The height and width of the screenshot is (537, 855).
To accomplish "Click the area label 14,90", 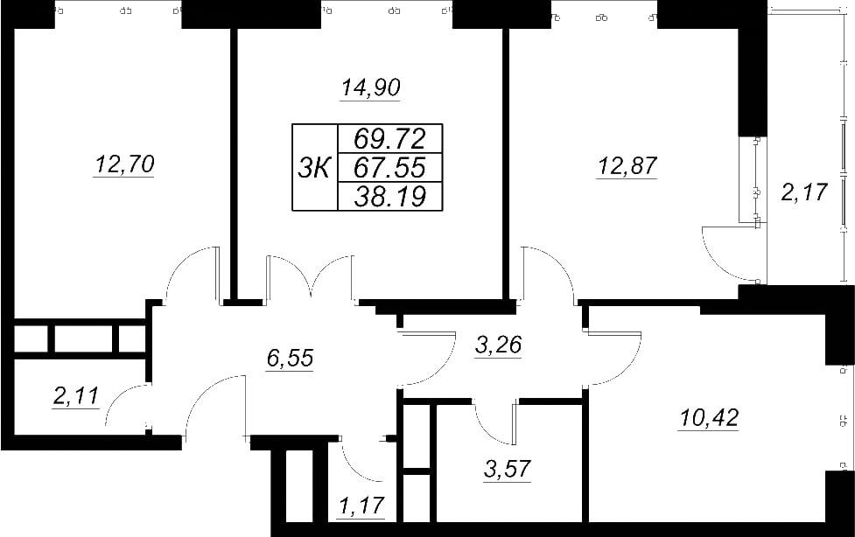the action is coord(371,87).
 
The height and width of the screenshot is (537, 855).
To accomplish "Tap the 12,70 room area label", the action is coord(124,164).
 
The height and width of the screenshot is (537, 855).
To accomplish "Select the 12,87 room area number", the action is coord(627,165).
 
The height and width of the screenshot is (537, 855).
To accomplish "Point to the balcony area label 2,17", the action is coord(804,192).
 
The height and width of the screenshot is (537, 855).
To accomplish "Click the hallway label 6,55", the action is coord(290,359).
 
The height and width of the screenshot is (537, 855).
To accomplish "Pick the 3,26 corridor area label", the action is coord(499,345).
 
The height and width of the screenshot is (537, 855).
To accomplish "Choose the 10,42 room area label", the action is coord(708,418).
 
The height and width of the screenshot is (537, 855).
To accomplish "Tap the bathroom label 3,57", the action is coord(507,468).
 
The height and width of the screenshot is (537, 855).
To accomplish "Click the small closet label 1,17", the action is coord(361,506).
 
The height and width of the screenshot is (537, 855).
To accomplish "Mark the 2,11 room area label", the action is coord(76,396).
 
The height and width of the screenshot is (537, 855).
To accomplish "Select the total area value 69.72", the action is coord(389,139).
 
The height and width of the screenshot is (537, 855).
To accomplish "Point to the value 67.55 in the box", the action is coord(389,167).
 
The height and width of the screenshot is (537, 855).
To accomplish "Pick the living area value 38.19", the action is coord(389,196).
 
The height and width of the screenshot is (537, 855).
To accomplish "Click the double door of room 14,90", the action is coord(311,277).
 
